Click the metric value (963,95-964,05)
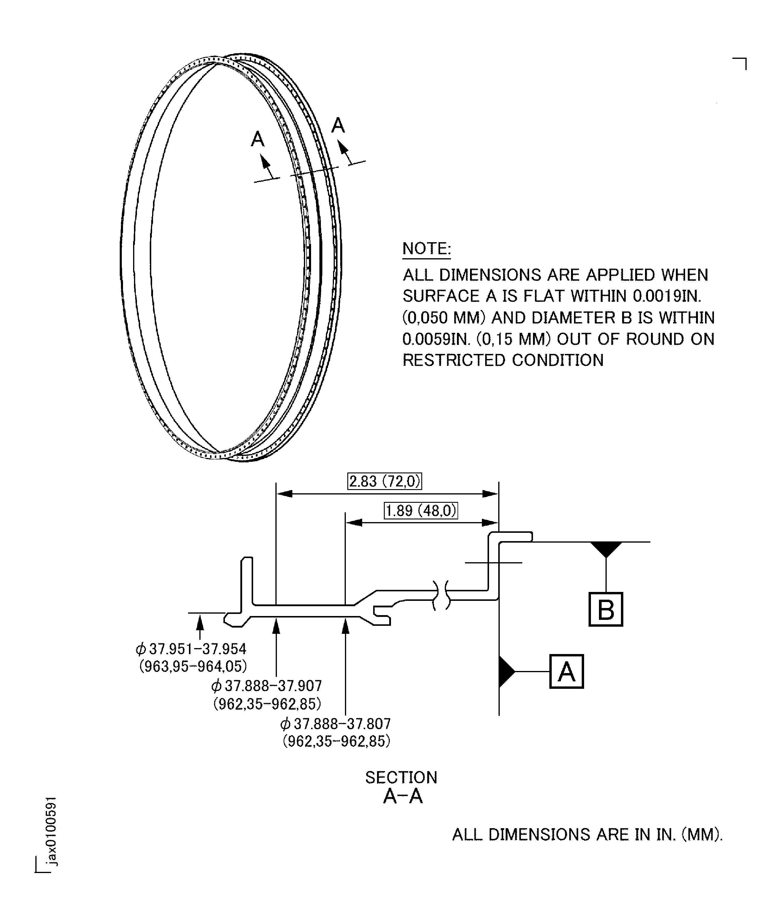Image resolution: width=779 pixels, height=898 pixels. click(x=193, y=666)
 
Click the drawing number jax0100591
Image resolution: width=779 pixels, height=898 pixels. click(x=51, y=831)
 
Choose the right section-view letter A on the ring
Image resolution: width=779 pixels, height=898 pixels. click(x=338, y=126)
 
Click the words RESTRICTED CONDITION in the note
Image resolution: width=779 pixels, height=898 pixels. click(x=503, y=360)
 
